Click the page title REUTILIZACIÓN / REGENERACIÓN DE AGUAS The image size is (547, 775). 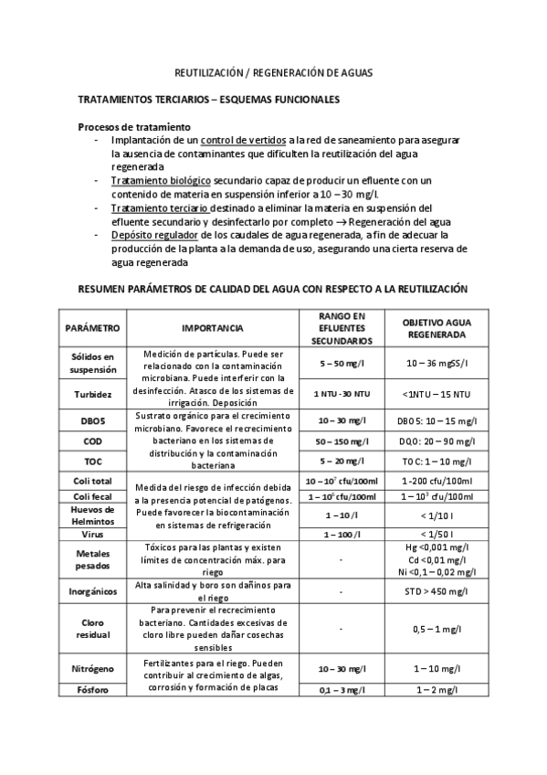tap(274, 71)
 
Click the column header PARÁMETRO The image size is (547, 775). tap(92, 327)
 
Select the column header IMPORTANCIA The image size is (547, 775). tap(211, 327)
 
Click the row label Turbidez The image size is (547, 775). tap(92, 394)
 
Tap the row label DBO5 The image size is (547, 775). tap(92, 421)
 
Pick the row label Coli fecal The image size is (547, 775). tap(92, 496)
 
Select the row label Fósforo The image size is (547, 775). tap(92, 689)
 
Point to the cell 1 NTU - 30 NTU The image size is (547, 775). tap(336, 394)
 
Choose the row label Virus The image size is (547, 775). tap(92, 533)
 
